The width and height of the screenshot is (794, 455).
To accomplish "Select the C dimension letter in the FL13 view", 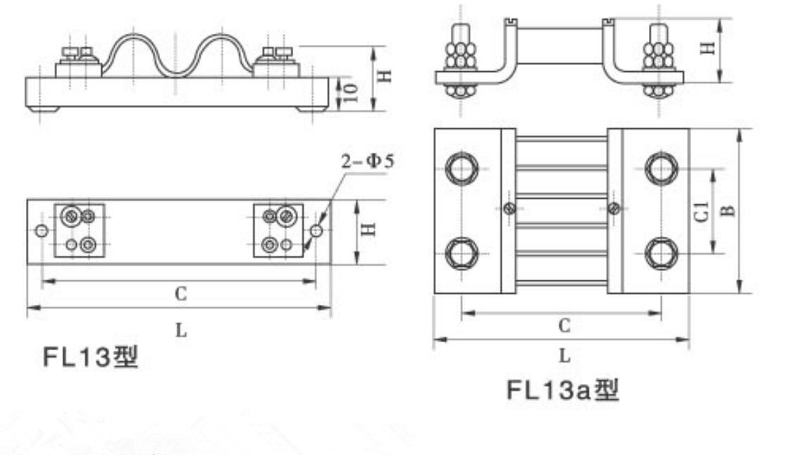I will pyautogui.click(x=180, y=295).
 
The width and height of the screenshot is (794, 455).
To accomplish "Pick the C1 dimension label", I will pyautogui.click(x=702, y=211).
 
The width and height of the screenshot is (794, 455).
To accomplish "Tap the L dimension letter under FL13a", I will pyautogui.click(x=564, y=356).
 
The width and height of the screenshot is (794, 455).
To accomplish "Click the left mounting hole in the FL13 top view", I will pyautogui.click(x=42, y=231).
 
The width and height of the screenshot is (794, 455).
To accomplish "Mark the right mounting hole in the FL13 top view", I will pyautogui.click(x=316, y=230).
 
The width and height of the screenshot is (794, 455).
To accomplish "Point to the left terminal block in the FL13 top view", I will pyautogui.click(x=80, y=230).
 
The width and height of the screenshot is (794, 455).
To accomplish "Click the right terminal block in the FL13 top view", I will pyautogui.click(x=278, y=230).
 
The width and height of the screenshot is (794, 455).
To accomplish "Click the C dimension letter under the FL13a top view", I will pyautogui.click(x=564, y=325).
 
